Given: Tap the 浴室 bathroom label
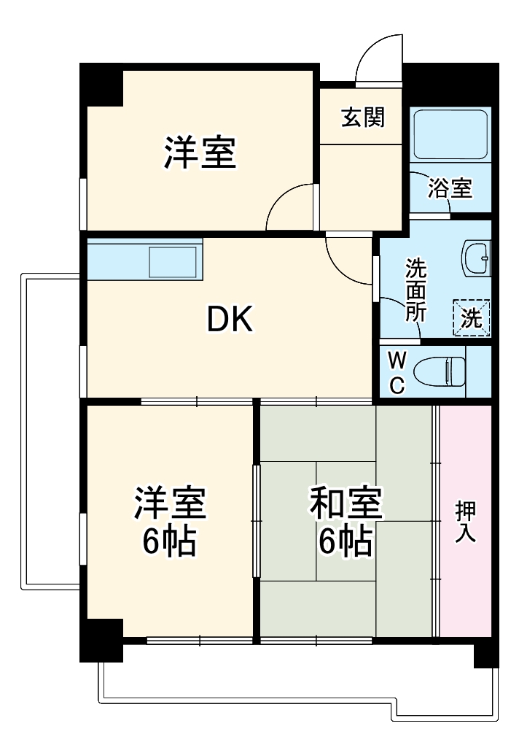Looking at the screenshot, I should click(x=449, y=189).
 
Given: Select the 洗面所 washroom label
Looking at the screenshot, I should click(x=415, y=290).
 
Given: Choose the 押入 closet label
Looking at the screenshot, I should click(x=465, y=521).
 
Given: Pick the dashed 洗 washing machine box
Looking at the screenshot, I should click(x=472, y=317).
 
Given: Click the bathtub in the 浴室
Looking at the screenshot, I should click(x=449, y=135).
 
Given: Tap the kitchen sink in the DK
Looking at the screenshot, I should click(x=173, y=260).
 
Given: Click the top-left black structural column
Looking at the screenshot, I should click(x=101, y=84).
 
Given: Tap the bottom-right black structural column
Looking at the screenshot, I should click(x=486, y=653).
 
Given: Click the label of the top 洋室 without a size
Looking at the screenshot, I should click(x=199, y=152).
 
